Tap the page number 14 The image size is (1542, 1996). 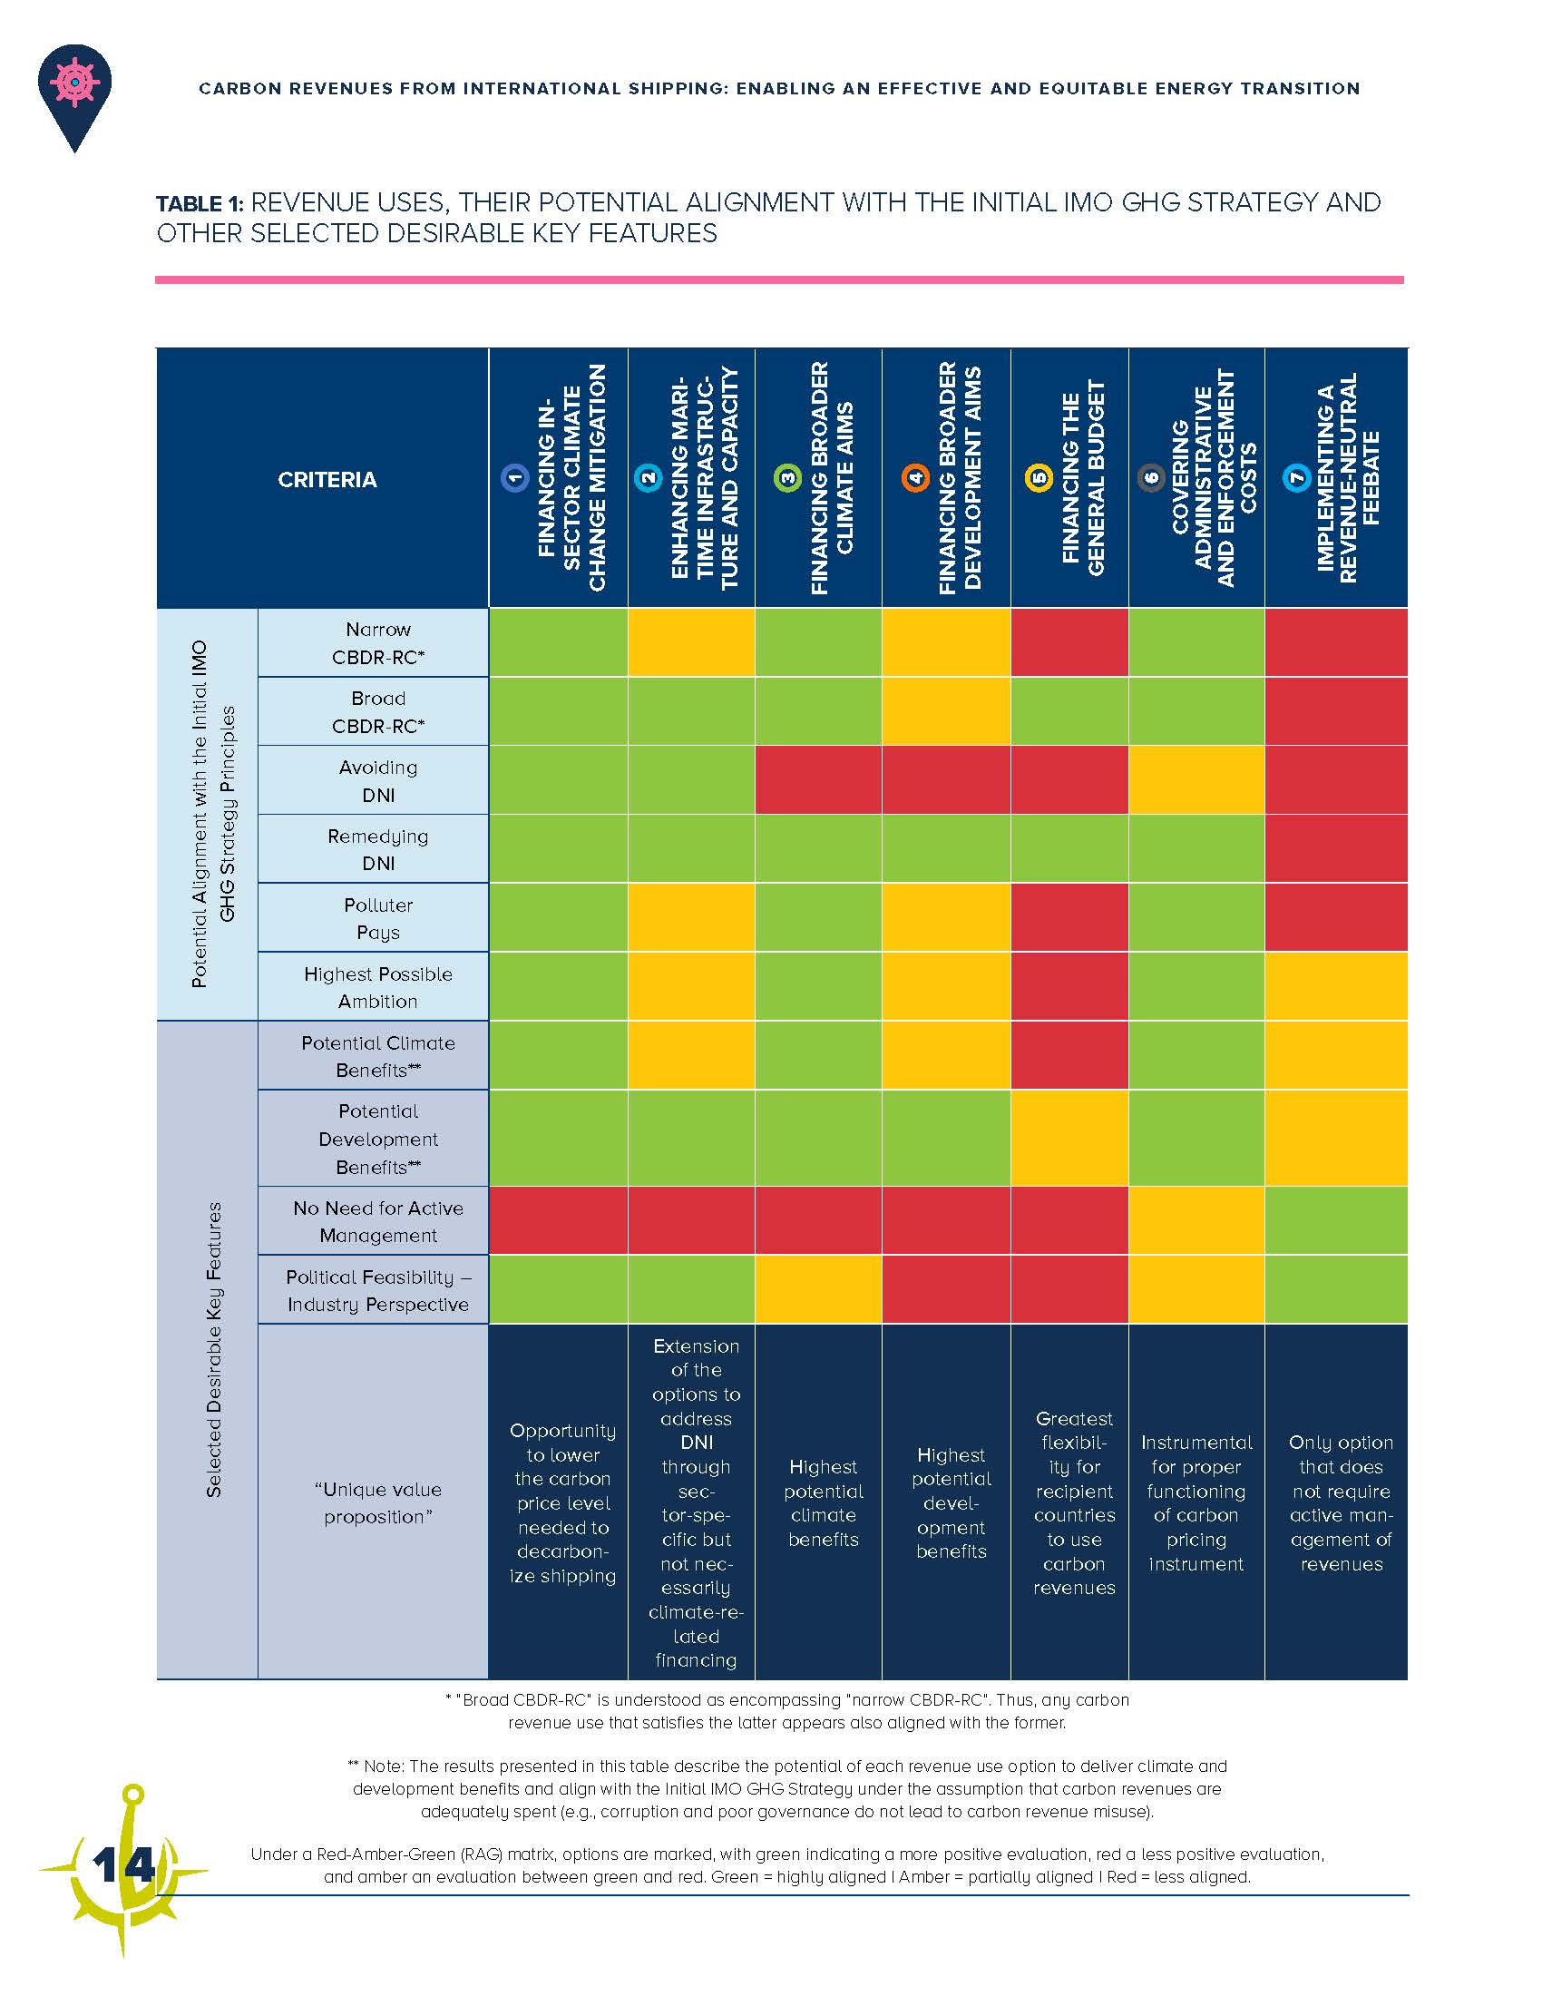pos(123,1864)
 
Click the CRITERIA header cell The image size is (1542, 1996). pos(327,480)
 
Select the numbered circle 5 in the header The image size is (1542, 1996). pos(1039,478)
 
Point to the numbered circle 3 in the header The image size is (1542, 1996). pos(786,478)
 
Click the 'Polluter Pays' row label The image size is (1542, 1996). pos(378,918)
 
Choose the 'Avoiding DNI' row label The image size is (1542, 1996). pos(378,780)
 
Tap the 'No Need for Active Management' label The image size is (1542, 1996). pos(378,1221)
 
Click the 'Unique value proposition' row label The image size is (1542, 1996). pos(378,1502)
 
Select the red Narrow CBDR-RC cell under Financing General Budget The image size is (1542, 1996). pos(1069,642)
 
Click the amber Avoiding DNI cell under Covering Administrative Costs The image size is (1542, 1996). pos(1196,779)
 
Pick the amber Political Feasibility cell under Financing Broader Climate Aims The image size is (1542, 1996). pos(818,1288)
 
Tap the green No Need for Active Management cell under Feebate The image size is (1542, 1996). pos(1335,1220)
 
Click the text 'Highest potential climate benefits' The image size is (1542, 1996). pos(823,1503)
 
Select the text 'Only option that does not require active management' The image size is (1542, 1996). pos(1340,1503)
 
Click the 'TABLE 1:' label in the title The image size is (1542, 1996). pos(200,204)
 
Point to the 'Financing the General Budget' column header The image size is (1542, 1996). pos(1083,478)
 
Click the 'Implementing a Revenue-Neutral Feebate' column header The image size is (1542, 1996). pos(1348,478)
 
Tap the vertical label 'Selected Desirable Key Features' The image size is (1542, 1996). pos(214,1349)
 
